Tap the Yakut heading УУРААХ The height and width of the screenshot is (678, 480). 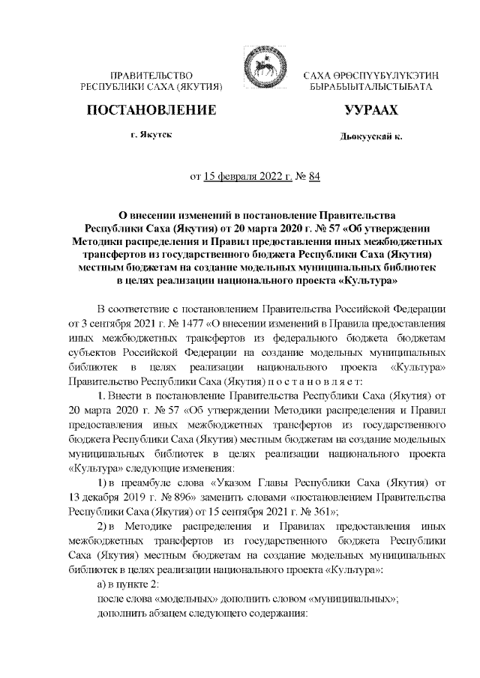tap(370, 111)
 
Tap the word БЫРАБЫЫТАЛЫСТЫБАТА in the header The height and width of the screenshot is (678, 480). tap(370, 88)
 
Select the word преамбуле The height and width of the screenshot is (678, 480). tap(155, 484)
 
